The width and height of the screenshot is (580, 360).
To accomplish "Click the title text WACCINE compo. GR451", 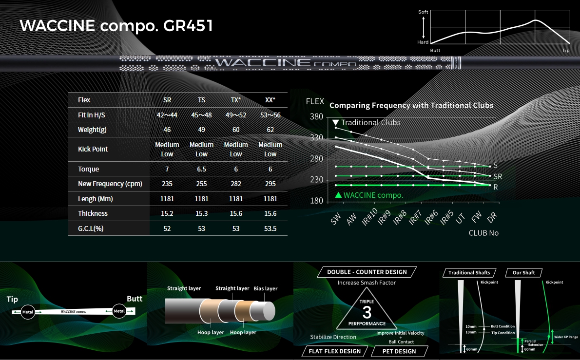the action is (x=116, y=26).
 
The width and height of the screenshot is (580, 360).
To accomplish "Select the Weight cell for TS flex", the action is (x=201, y=130).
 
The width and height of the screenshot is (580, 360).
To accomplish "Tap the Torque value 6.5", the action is (x=201, y=169).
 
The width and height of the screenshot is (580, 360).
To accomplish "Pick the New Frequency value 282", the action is (x=235, y=184).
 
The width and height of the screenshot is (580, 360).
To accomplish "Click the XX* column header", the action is (x=271, y=100).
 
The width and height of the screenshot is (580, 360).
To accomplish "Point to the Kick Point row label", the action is (x=93, y=149).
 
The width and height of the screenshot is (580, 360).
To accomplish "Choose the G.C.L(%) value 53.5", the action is (x=271, y=228).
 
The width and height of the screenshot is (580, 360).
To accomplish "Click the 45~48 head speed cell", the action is (x=201, y=115).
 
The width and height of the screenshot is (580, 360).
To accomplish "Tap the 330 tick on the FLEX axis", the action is (x=316, y=137).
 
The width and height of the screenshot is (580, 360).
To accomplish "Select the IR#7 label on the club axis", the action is (x=415, y=218).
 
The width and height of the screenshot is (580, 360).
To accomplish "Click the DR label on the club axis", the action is (x=492, y=217).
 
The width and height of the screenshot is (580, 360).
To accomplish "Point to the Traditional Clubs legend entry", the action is (x=366, y=122).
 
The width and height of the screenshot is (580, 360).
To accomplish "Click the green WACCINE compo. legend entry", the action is (x=369, y=195).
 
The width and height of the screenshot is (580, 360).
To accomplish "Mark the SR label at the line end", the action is (x=498, y=176).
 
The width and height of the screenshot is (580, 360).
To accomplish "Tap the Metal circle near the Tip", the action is (x=28, y=312).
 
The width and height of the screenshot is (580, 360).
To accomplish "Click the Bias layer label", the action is (x=265, y=288).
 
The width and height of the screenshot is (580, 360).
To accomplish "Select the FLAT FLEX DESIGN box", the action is (x=335, y=351).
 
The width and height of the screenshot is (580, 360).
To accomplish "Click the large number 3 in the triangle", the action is (x=367, y=313).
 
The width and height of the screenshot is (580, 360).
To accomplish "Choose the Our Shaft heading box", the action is (x=523, y=273).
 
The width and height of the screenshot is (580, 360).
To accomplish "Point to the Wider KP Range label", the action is (x=566, y=337).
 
